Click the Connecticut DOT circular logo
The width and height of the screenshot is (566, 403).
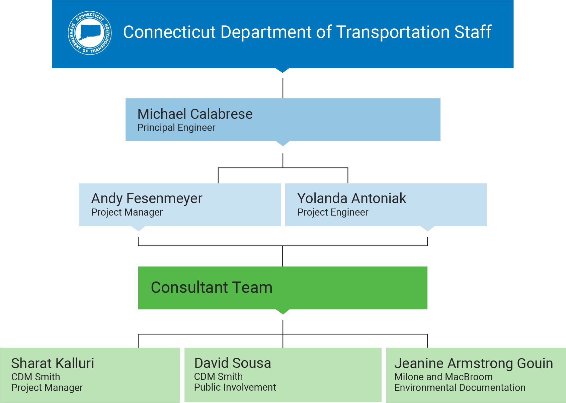(x=90, y=33)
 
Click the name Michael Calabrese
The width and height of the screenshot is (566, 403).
(x=195, y=114)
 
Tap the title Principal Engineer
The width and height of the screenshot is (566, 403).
(x=176, y=128)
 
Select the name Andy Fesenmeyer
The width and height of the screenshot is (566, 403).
(x=147, y=198)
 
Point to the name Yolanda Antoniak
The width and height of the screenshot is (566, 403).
(x=351, y=198)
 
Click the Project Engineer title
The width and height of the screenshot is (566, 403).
(x=333, y=213)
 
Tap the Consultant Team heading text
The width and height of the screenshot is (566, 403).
(x=212, y=288)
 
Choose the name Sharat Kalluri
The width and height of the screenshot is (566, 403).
(x=53, y=364)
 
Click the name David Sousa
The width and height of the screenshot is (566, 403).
(x=232, y=363)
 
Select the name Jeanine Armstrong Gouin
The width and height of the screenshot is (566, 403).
(x=473, y=364)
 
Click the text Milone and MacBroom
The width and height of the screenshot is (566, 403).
(x=443, y=377)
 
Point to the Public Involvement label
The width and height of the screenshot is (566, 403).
(x=235, y=388)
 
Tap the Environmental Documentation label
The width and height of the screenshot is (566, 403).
(x=460, y=388)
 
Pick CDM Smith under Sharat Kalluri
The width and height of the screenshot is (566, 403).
(x=35, y=377)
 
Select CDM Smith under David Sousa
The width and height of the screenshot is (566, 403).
(x=218, y=377)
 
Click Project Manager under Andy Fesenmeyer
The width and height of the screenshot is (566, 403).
(x=127, y=213)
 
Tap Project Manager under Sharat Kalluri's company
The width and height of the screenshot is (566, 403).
(x=47, y=388)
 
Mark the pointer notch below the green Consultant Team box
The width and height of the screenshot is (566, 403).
(x=283, y=312)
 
